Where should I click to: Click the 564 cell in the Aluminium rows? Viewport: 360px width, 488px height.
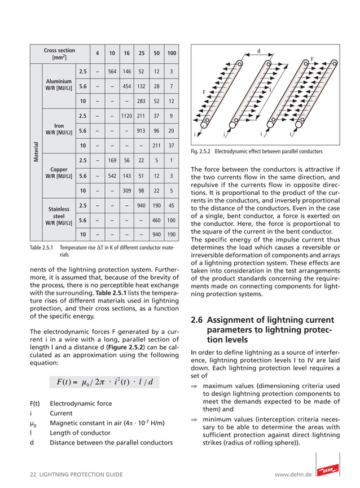coord(112,72)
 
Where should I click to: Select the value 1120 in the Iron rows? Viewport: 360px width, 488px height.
coord(127,116)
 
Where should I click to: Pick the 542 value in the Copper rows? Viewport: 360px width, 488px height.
coord(112,176)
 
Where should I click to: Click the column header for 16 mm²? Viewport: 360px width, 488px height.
coord(127,54)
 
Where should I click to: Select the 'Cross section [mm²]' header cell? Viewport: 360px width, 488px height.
coord(59,54)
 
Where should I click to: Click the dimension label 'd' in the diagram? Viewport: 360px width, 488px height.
coord(258,51)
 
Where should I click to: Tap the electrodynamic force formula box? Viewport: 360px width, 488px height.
coord(104,382)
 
